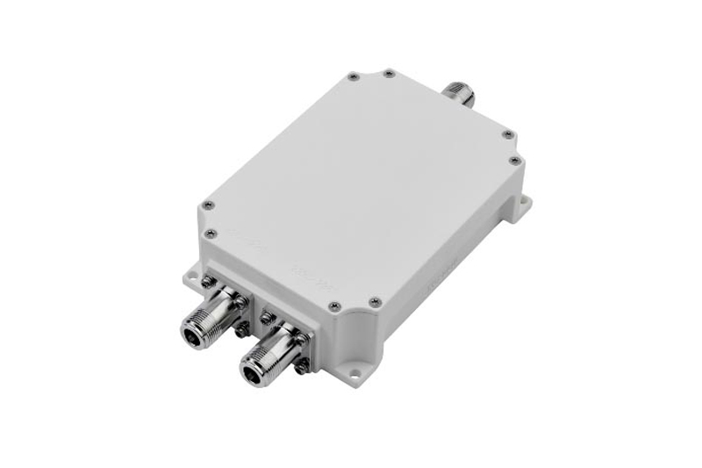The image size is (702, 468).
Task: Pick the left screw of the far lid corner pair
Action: tap(351, 76)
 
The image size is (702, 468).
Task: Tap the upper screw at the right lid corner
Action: tap(507, 133)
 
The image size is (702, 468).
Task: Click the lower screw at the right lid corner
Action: tap(513, 160)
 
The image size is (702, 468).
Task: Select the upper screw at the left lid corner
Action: tap(208, 205)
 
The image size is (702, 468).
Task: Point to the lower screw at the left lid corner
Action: tap(211, 233)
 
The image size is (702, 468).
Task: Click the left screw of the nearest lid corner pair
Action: tap(334, 306)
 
